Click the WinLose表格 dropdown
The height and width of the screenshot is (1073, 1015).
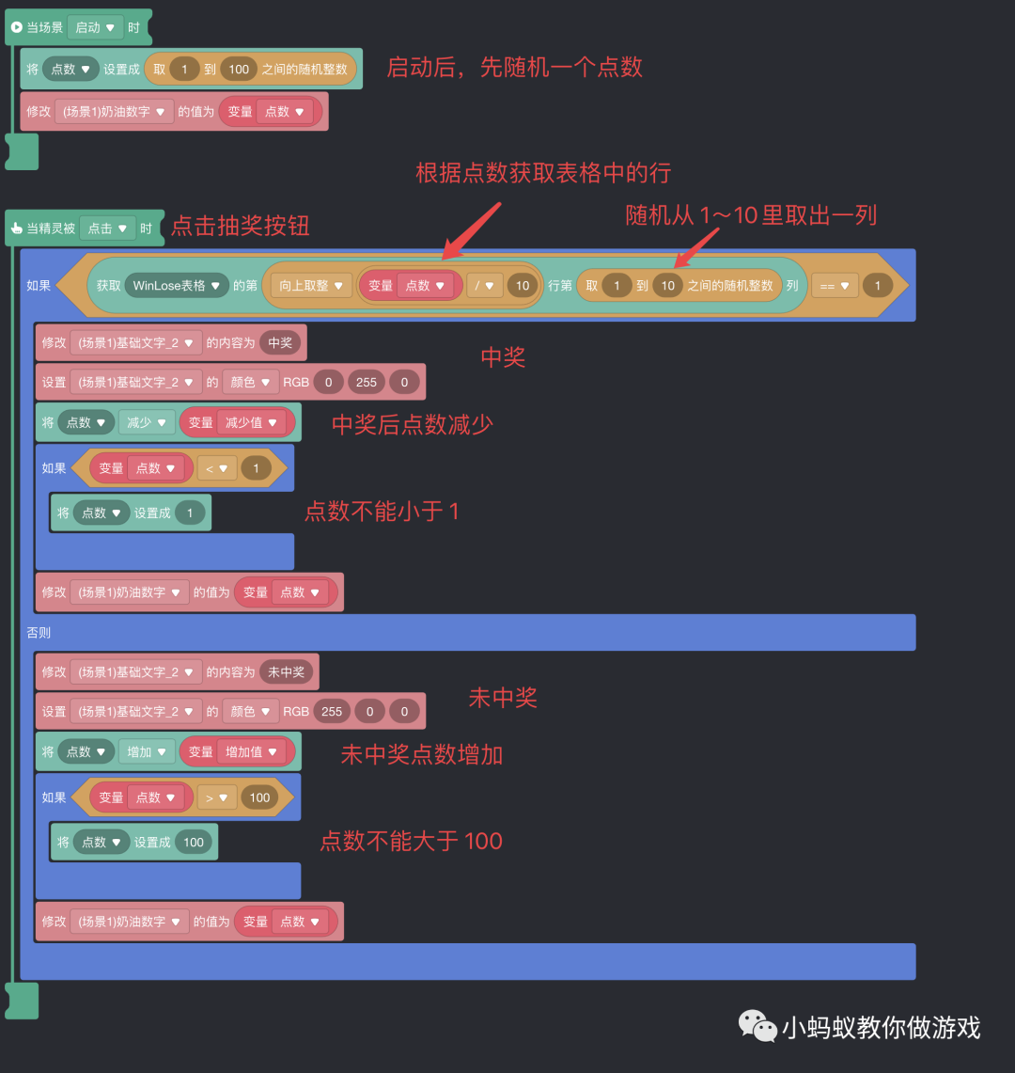(x=177, y=285)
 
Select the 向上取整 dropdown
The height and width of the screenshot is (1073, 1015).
(x=310, y=285)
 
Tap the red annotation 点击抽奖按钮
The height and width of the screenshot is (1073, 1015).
(x=241, y=226)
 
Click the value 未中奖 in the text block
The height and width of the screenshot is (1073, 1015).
(x=287, y=671)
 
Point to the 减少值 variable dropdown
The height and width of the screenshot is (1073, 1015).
(x=251, y=422)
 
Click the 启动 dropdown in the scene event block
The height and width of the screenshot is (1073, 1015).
(x=95, y=27)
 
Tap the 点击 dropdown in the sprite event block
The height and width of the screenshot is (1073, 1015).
(x=107, y=229)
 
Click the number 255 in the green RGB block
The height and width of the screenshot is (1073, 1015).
(x=366, y=382)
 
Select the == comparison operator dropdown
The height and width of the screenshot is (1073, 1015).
(x=834, y=285)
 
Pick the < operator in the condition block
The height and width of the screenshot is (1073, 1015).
(x=216, y=467)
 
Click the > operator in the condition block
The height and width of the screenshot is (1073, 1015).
(x=216, y=797)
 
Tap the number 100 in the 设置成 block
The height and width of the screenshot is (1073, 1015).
(x=194, y=842)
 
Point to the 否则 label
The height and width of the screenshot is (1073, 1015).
(x=39, y=632)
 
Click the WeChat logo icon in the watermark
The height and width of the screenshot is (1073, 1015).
(x=757, y=1025)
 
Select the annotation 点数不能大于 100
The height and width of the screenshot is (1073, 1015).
(x=411, y=841)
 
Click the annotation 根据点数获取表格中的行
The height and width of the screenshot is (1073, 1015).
(x=543, y=172)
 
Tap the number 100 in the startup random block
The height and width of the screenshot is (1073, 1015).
(x=239, y=69)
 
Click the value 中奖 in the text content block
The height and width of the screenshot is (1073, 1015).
(x=280, y=342)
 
